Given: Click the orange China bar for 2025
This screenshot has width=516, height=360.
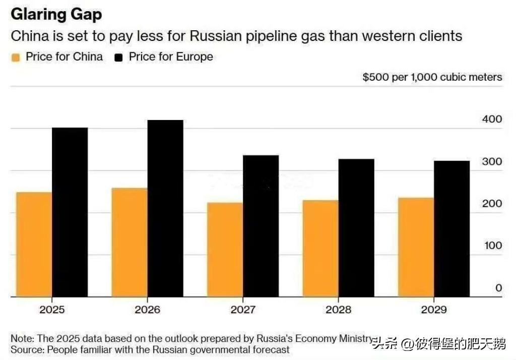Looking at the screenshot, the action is coord(34,245).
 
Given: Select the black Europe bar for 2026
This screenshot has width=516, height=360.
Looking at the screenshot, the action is coord(165,209).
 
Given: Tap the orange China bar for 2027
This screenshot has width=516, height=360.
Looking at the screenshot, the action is coord(225,250).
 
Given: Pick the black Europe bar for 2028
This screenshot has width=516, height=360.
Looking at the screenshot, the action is coord(356,228).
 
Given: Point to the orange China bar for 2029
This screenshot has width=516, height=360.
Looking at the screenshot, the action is coord(416,248).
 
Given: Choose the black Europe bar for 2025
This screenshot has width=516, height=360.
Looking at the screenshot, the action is coord(70,212).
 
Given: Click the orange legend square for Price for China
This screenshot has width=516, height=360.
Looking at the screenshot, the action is coord(16,57).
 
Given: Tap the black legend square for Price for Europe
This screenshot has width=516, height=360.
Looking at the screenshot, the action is coord(118,57).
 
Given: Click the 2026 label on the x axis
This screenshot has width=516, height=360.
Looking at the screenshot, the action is coord(148,310).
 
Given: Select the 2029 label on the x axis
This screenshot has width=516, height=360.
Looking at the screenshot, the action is coord(434,310).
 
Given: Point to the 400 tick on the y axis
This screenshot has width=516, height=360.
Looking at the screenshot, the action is coord(492,119).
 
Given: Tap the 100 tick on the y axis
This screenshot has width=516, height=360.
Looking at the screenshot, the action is coord(493,246).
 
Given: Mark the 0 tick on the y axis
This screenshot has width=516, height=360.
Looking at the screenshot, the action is coord(499,288).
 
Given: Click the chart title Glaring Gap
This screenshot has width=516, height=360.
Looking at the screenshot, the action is coord(56,15).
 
